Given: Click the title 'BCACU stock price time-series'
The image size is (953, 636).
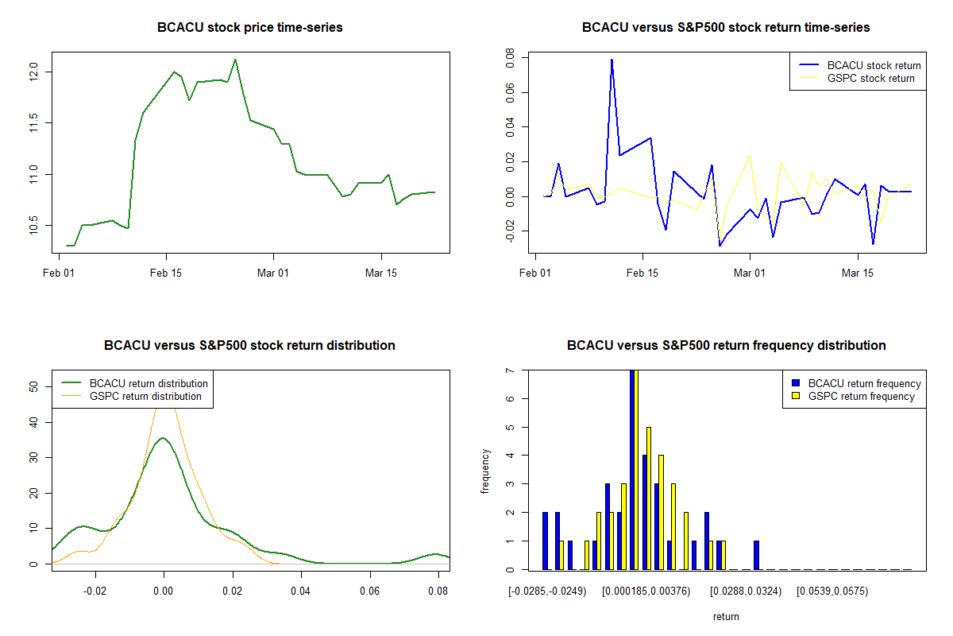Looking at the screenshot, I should pos(250,28).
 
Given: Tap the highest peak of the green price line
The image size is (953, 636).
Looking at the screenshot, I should pos(235,60).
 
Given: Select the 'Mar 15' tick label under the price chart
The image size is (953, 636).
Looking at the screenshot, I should pos(381,273).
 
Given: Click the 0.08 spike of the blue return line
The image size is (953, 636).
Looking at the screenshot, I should pos(612,60).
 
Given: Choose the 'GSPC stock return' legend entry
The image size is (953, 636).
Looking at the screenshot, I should pos(870,78).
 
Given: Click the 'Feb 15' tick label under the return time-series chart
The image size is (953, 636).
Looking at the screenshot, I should pos(642,273).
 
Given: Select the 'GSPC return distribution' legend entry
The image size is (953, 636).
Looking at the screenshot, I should pos(145,396).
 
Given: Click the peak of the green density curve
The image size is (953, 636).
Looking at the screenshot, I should pos(163,437).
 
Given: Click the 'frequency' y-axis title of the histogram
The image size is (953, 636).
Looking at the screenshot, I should pos(485,471).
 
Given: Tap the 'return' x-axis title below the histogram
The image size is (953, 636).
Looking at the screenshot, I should pos(726,616).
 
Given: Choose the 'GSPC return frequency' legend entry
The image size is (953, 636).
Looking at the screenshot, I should pos(861,396).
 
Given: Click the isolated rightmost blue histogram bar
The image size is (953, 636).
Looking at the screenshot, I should pos(756,555).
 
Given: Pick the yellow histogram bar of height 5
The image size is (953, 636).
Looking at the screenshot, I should pos(649,498).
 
